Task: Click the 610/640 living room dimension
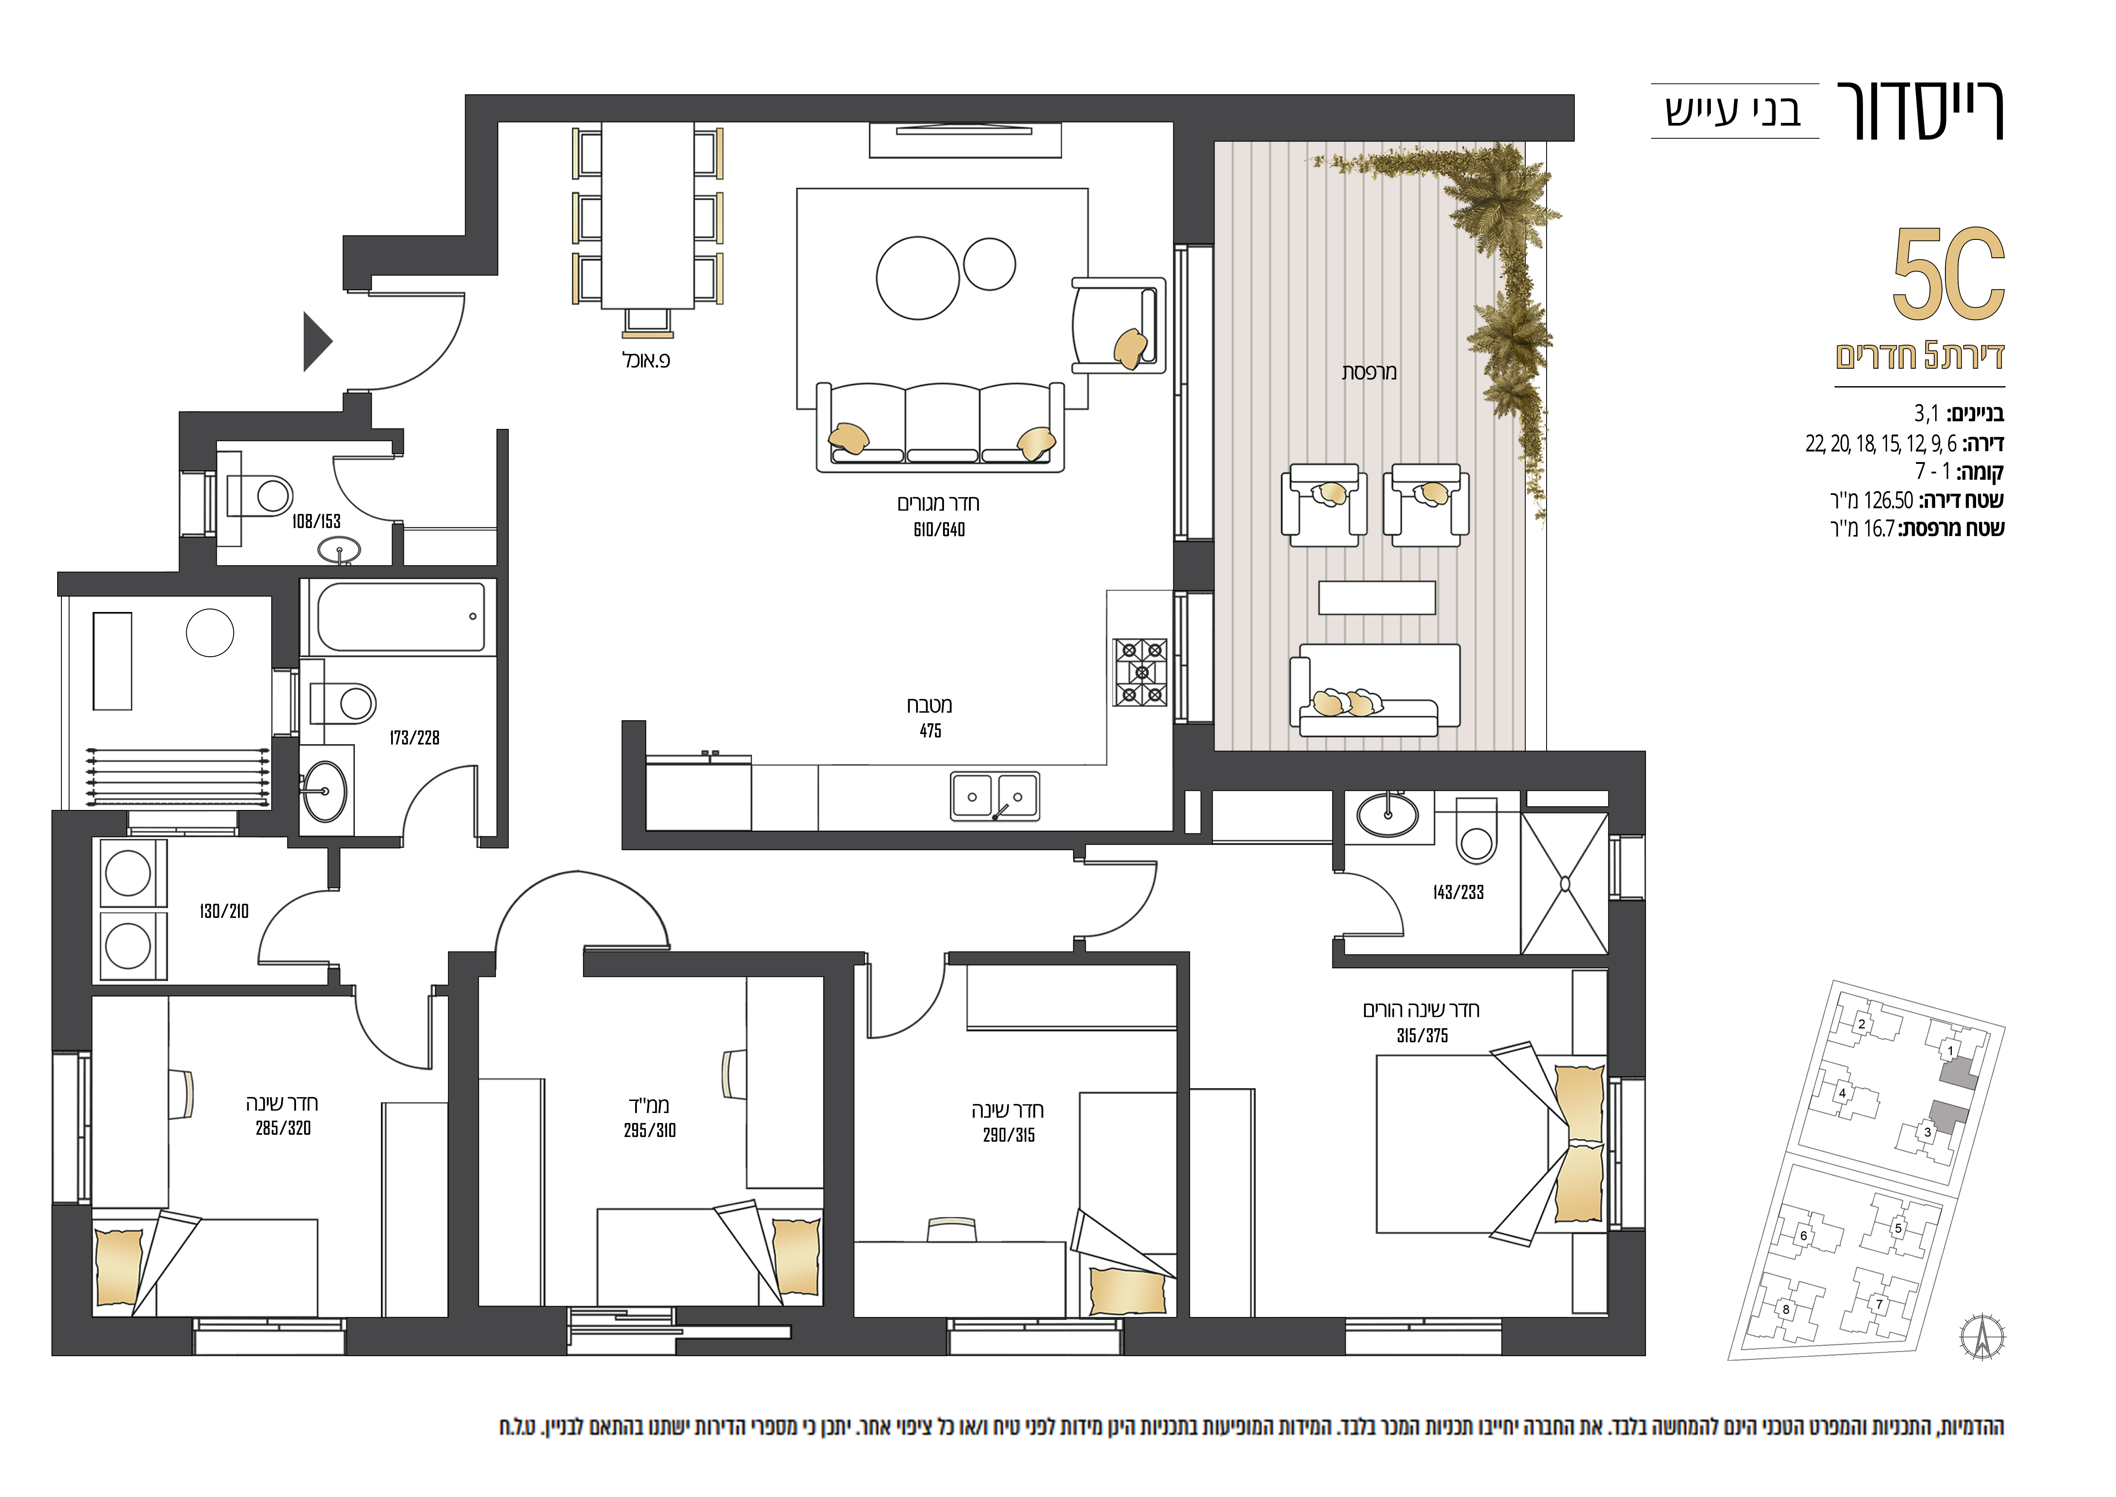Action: pos(939,529)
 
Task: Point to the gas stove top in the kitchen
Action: pos(1140,672)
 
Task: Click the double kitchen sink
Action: pos(996,796)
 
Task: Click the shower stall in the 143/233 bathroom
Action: pos(1564,883)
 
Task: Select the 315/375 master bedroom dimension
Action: pos(1422,1035)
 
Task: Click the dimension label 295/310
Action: pos(650,1130)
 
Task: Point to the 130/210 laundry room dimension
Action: pos(224,911)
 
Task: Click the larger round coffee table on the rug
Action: pos(918,278)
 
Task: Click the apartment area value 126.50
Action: pos(1888,501)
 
